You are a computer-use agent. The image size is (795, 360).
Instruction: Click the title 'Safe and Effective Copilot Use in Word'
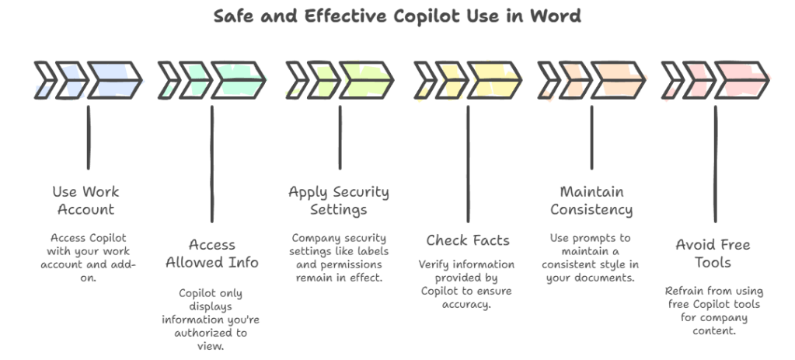[396, 16]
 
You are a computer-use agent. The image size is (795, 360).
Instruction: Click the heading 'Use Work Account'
[85, 200]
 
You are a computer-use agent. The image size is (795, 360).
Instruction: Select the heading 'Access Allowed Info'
[211, 253]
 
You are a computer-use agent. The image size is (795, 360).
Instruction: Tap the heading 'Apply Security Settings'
[339, 200]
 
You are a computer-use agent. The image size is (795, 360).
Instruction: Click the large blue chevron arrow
[113, 79]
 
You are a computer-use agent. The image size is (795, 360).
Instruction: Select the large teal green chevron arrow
[238, 79]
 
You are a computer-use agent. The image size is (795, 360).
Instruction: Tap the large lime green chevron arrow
[365, 79]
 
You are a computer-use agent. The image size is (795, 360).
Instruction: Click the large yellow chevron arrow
[493, 79]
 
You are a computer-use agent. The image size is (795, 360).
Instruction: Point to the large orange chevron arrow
[617, 79]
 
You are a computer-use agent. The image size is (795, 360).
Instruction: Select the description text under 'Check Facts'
[464, 285]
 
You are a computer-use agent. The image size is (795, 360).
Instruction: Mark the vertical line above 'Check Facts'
[467, 163]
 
